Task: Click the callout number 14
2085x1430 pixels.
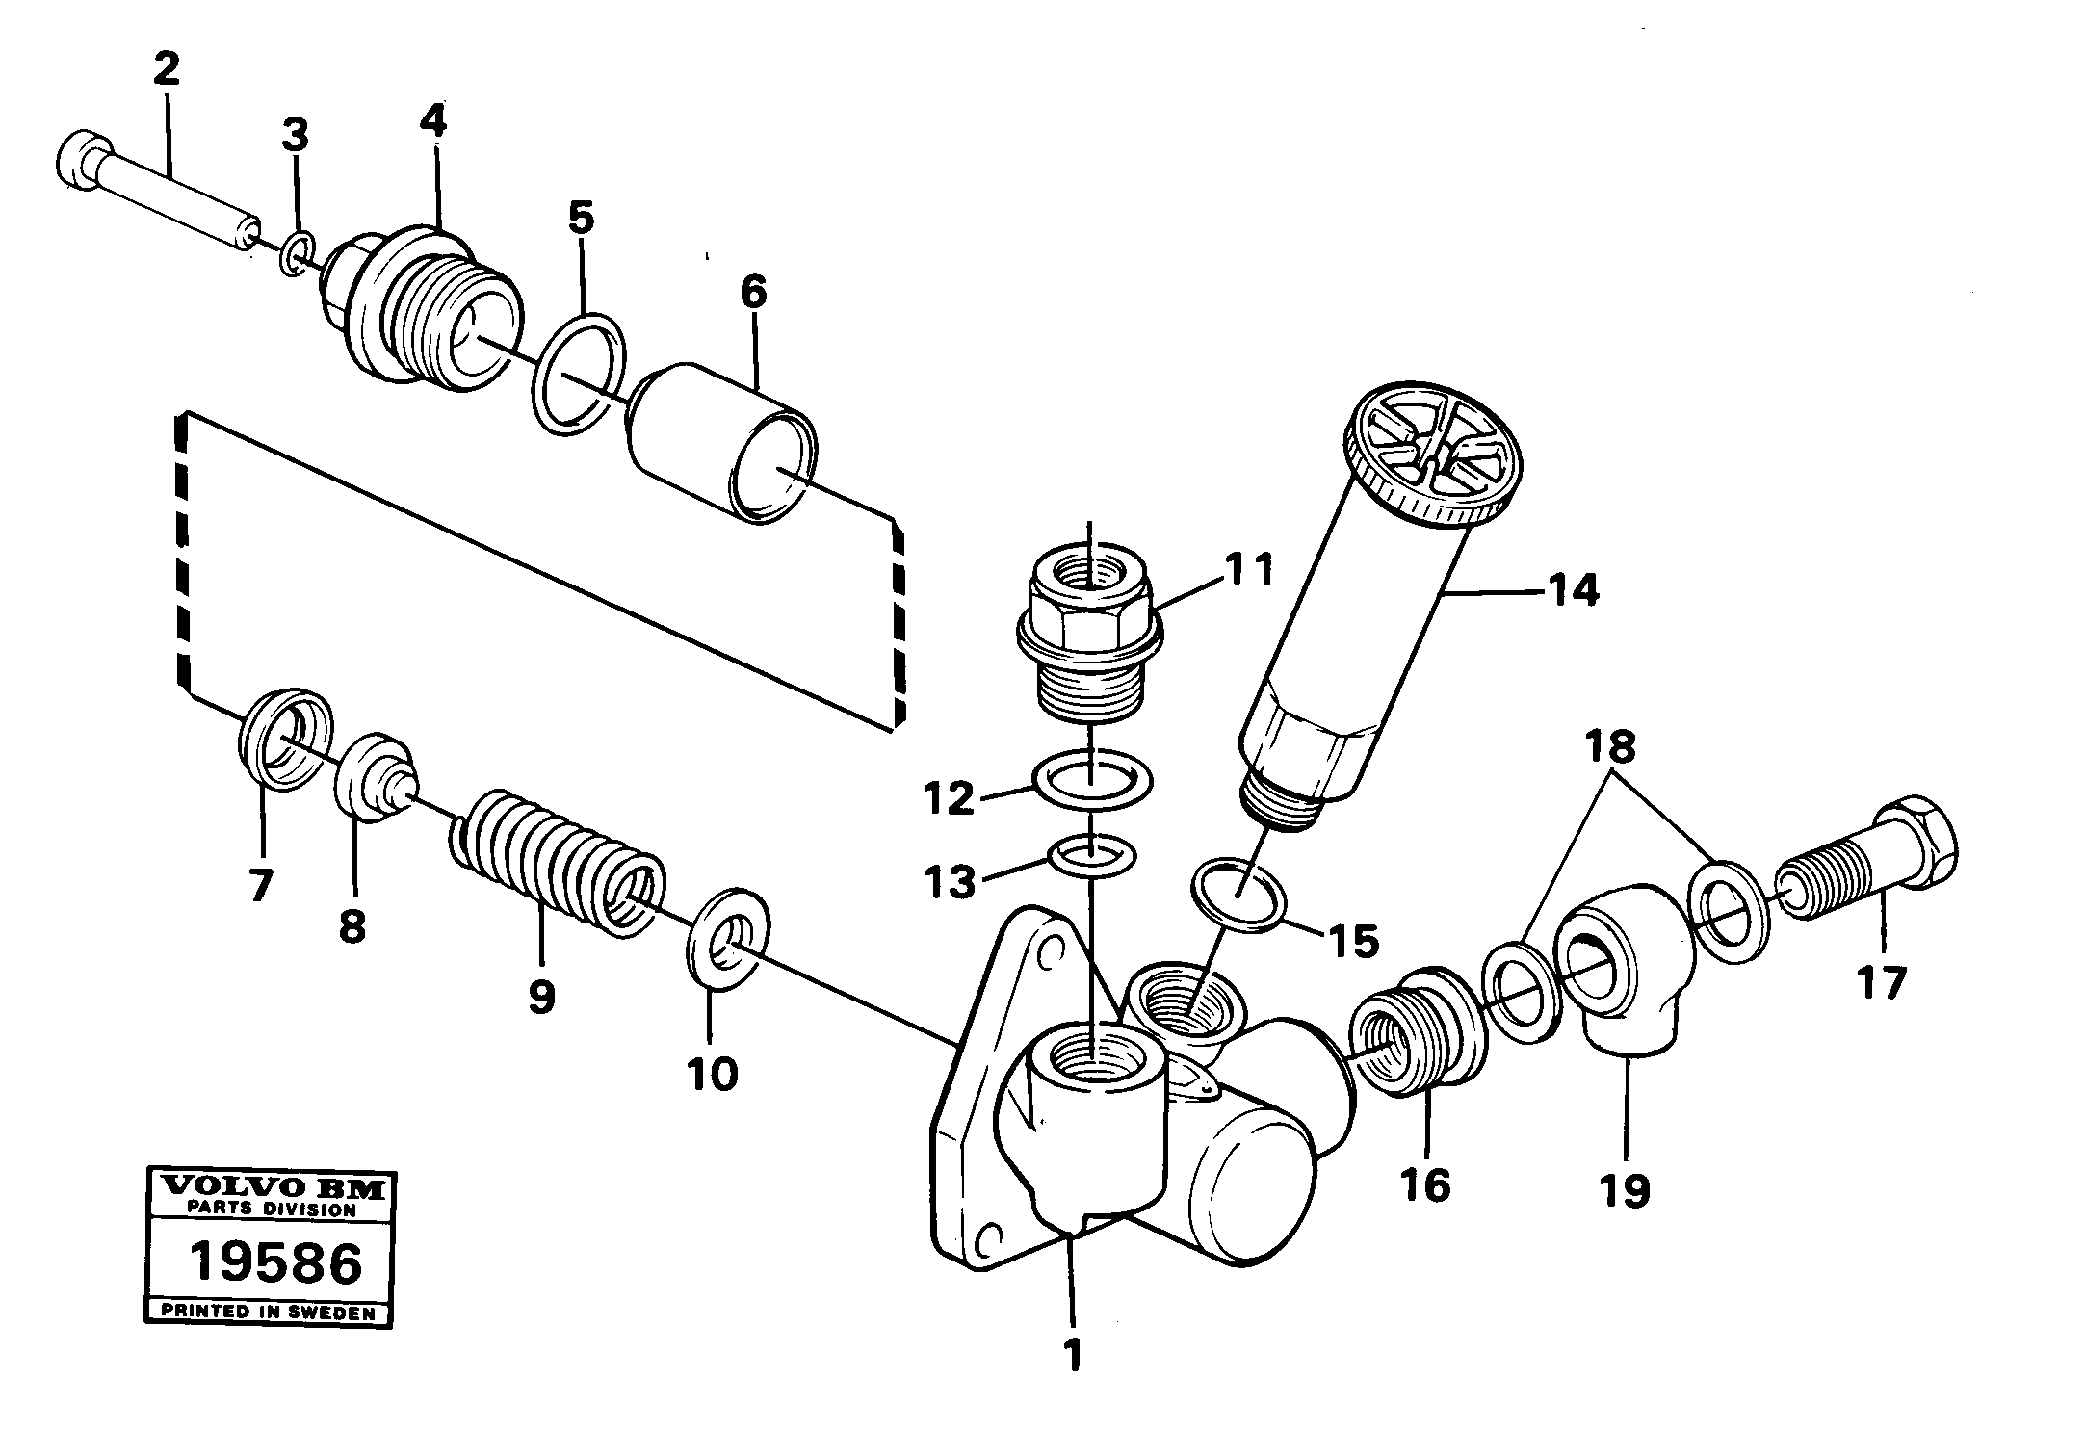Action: [1573, 589]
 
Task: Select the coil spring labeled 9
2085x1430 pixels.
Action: [557, 853]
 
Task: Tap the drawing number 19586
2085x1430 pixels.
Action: [275, 1263]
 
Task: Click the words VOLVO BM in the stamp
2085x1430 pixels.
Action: [269, 1187]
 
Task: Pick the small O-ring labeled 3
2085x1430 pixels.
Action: [297, 253]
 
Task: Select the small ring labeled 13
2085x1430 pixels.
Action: [1091, 852]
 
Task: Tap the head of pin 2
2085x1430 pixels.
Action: [81, 162]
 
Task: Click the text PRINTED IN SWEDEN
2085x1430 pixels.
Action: [269, 1311]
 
